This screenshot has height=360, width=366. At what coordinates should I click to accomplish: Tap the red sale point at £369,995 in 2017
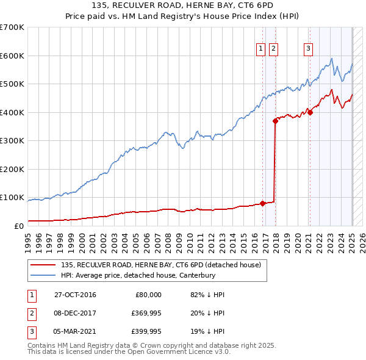pos(275,121)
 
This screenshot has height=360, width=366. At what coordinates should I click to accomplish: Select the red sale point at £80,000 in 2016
pos(263,203)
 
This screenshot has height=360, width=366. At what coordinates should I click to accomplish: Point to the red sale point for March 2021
pos(309,112)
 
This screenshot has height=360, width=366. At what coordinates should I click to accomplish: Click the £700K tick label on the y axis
pos(12,27)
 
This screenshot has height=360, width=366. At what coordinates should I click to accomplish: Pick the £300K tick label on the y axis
pos(12,141)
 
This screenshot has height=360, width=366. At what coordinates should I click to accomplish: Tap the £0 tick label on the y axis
pos(18,226)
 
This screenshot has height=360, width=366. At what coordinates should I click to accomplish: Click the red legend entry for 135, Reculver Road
pos(161,265)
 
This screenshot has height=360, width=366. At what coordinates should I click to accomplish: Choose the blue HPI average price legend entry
pos(146,275)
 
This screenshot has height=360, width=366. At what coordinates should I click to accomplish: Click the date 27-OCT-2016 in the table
pos(75,295)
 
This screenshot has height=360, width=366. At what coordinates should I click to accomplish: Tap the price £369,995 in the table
pos(145,314)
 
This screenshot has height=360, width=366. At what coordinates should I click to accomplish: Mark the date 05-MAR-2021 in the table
pos(75,333)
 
